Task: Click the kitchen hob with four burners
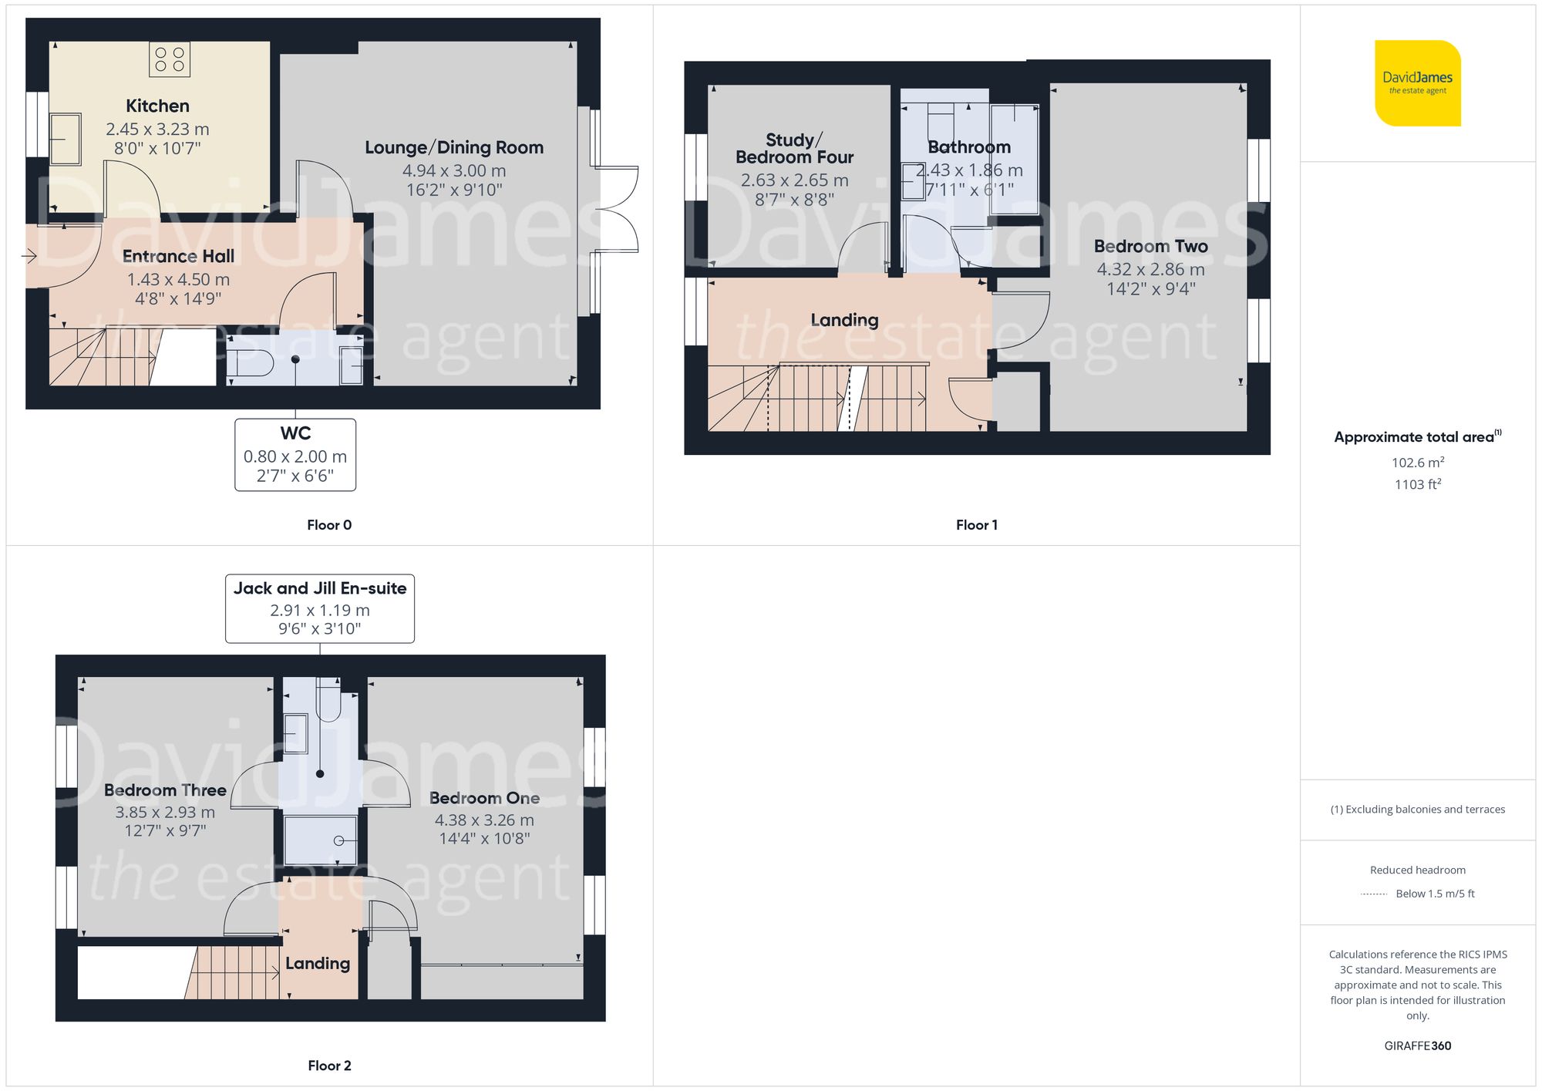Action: tap(170, 59)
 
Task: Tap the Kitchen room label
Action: tap(157, 106)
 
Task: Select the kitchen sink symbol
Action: tap(66, 140)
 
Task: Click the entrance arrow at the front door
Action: tap(30, 256)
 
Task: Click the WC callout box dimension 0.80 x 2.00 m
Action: tap(295, 456)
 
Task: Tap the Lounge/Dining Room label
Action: tap(454, 147)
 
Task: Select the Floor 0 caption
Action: tap(329, 525)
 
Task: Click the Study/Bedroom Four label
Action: tap(794, 149)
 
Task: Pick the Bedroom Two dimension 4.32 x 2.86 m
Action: tap(1150, 269)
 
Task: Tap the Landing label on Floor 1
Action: tap(844, 320)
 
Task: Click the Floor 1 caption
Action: tap(977, 525)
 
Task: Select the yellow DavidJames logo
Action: tap(1417, 83)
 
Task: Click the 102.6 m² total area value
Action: tap(1417, 463)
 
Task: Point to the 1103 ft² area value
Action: tap(1417, 484)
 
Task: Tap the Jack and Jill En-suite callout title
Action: tap(320, 588)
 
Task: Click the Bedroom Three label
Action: tap(165, 790)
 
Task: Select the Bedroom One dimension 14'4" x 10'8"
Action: tap(484, 839)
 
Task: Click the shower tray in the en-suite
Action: tap(320, 840)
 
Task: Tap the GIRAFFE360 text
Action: tap(1417, 1046)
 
